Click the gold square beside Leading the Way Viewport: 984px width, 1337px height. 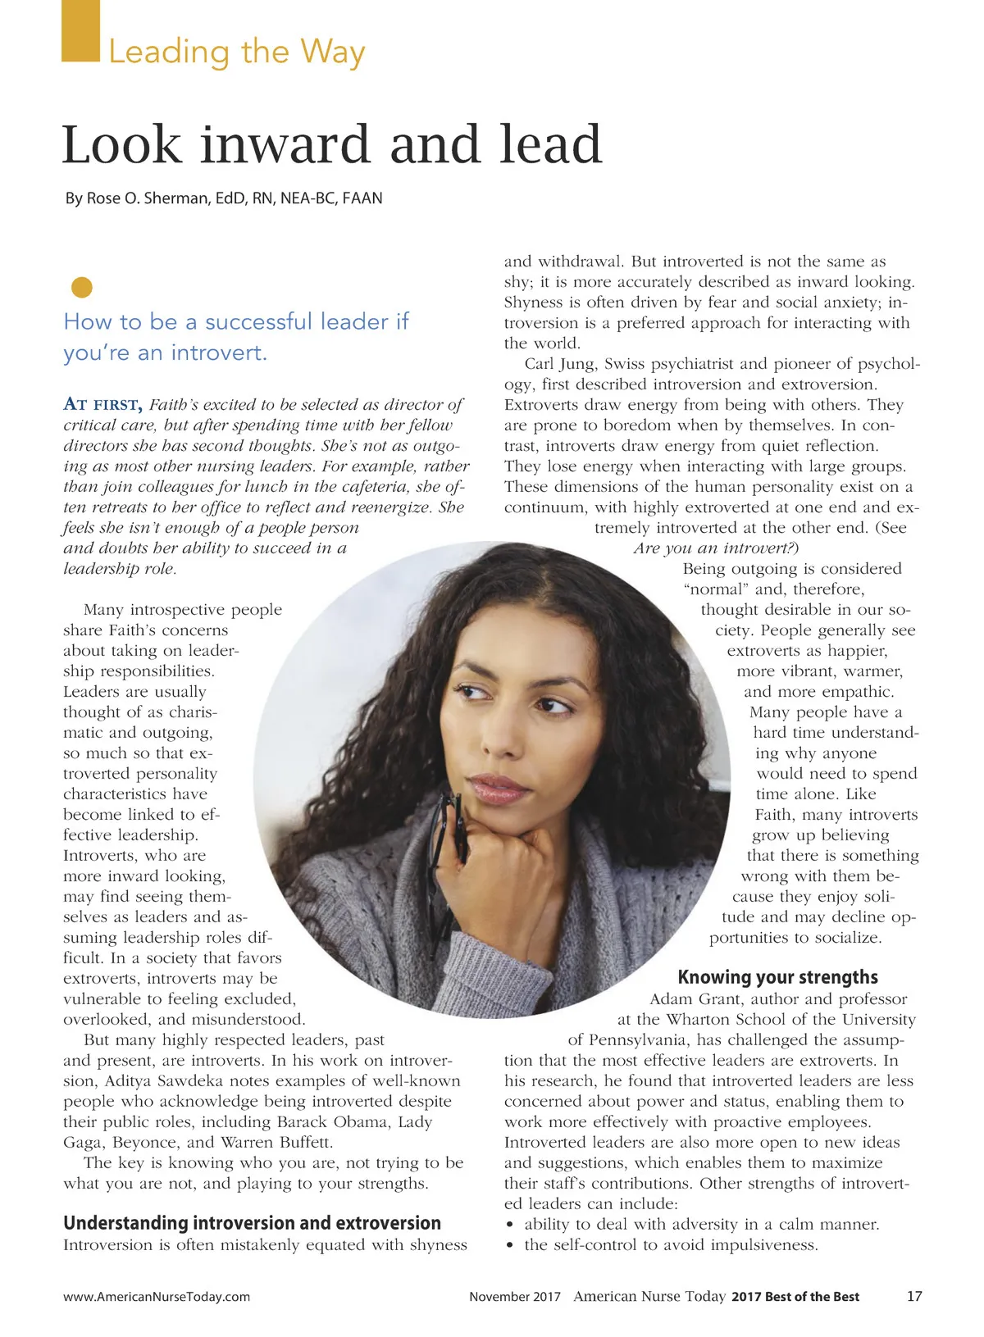[x=80, y=31]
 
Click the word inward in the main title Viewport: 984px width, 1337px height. [x=285, y=145]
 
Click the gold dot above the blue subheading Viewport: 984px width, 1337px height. [x=81, y=287]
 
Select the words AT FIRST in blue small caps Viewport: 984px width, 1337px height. [x=103, y=404]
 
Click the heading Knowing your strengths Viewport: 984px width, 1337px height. [x=777, y=977]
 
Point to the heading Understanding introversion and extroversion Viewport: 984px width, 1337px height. [x=252, y=1223]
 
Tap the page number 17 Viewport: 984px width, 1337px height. [x=914, y=1296]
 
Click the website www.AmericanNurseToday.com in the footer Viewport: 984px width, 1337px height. [x=157, y=1297]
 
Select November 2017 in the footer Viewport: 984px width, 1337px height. [x=515, y=1297]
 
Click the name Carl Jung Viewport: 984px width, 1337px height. [x=560, y=364]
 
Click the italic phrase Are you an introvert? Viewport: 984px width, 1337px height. [x=716, y=548]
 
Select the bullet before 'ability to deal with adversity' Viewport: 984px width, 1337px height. [x=510, y=1225]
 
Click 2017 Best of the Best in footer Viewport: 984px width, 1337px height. [x=795, y=1297]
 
